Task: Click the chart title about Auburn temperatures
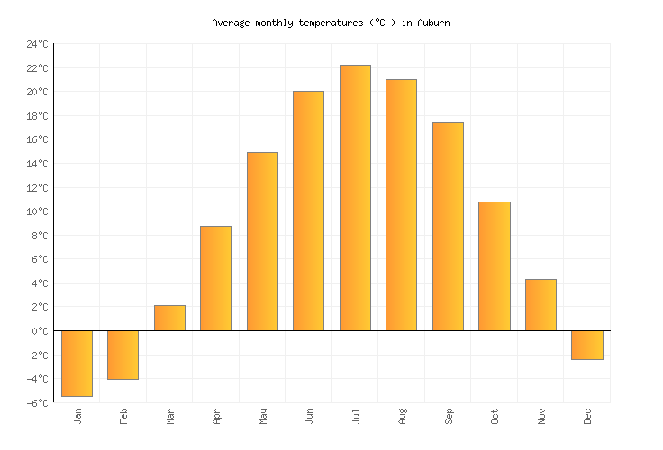point(331,22)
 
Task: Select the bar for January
point(77,363)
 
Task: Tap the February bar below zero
point(123,355)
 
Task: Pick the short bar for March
point(169,318)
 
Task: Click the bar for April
point(216,278)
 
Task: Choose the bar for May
point(262,241)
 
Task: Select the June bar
point(309,211)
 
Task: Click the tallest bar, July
point(355,198)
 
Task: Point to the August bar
point(402,205)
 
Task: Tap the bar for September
point(448,227)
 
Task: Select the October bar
point(495,266)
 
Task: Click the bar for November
point(540,305)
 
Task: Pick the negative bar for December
point(587,345)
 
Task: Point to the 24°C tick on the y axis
point(37,44)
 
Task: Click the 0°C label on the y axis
point(40,331)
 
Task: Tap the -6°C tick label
point(37,402)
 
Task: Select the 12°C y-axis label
point(37,187)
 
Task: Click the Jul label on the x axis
point(356,416)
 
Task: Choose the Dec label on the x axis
point(587,416)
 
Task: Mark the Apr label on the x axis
point(216,416)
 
